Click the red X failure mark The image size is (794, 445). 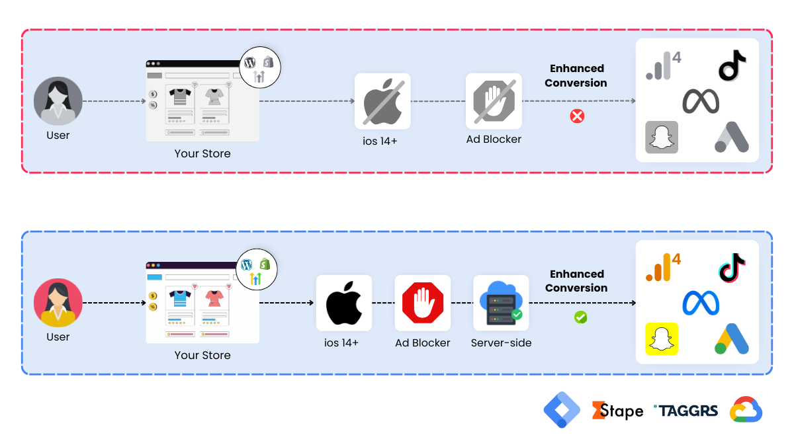coord(577,116)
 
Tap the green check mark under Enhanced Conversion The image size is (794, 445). coord(580,317)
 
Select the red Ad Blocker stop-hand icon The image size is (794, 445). coord(422,303)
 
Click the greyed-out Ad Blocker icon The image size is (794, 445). coord(493,101)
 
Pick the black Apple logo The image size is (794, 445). coord(344,303)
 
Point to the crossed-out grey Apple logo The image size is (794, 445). coord(382,101)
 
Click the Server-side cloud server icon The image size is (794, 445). coord(501,303)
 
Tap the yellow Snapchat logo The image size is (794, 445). coord(662,339)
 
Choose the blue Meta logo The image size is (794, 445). coord(701,303)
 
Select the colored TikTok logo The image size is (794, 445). coord(732,267)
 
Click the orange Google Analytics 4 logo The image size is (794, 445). coord(662,267)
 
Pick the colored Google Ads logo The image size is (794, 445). coord(732,339)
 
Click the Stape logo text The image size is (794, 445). coord(617,411)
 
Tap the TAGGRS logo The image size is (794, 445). coord(685,411)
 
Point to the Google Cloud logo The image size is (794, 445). coord(746,411)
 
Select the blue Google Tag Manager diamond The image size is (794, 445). coord(562,410)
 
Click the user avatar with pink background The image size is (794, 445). coord(58,303)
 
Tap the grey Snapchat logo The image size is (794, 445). coord(662,138)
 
